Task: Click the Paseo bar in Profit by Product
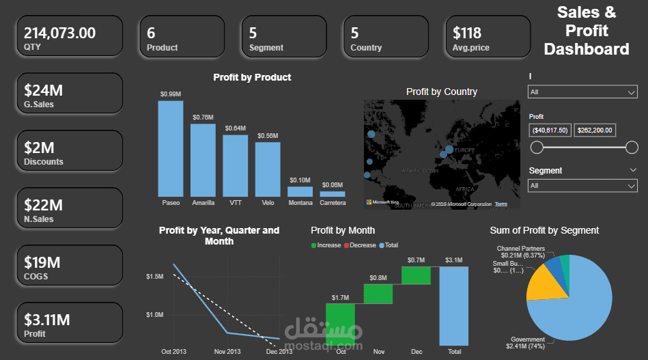(x=171, y=149)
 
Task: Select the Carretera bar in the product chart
(x=333, y=194)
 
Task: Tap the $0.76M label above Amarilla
(x=203, y=117)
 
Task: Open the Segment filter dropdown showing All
(x=582, y=185)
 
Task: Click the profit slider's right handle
(x=632, y=147)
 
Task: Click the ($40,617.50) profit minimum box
(x=550, y=130)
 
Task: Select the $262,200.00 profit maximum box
(x=595, y=130)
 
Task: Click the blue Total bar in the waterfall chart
(x=454, y=305)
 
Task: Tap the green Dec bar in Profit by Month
(x=416, y=275)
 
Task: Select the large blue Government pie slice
(x=580, y=307)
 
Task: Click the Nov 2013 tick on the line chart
(x=227, y=352)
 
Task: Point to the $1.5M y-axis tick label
(x=154, y=276)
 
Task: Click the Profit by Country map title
(x=441, y=92)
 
